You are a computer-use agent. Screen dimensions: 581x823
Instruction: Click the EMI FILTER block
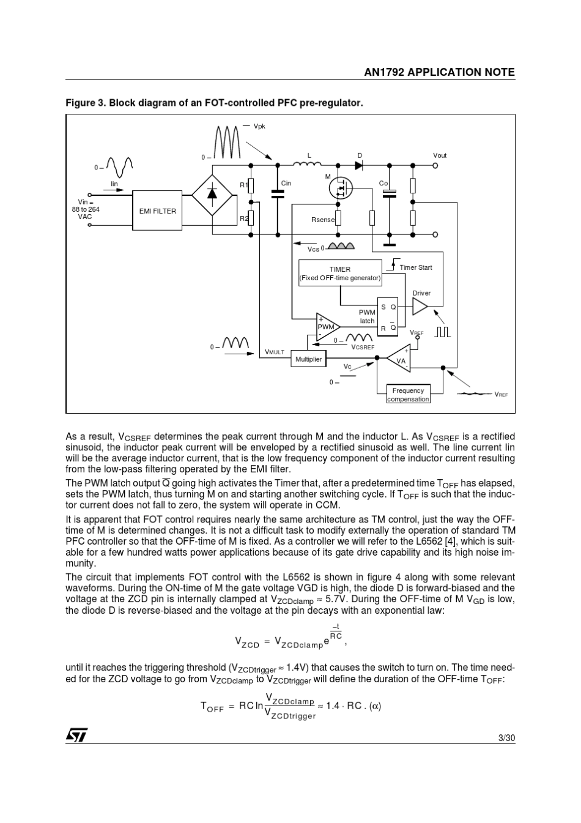click(157, 210)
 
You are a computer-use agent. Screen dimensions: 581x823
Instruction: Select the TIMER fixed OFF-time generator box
click(340, 273)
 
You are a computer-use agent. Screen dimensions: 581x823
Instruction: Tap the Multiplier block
click(308, 359)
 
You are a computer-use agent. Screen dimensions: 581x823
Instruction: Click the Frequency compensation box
click(408, 394)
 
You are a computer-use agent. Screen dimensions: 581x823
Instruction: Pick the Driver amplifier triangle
click(420, 306)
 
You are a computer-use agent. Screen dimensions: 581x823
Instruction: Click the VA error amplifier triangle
click(399, 358)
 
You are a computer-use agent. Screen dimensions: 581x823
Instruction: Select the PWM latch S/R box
click(388, 317)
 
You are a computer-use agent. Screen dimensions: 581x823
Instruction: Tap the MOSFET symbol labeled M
click(341, 188)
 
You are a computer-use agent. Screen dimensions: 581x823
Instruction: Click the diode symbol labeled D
click(359, 165)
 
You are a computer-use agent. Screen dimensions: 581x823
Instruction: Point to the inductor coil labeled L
click(308, 164)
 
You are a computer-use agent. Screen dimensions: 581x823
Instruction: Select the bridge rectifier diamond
click(212, 195)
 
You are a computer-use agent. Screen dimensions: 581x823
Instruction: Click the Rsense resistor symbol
click(338, 218)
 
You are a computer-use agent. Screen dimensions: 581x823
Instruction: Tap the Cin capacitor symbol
click(278, 193)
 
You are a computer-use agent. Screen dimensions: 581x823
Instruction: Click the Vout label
click(440, 155)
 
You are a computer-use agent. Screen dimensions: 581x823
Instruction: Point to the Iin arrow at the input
click(114, 190)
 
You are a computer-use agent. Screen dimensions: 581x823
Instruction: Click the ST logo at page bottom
click(77, 734)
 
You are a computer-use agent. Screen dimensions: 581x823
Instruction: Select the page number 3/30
click(507, 738)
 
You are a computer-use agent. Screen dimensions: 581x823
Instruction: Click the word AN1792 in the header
click(384, 72)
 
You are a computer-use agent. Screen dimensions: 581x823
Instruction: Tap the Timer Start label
click(416, 267)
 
